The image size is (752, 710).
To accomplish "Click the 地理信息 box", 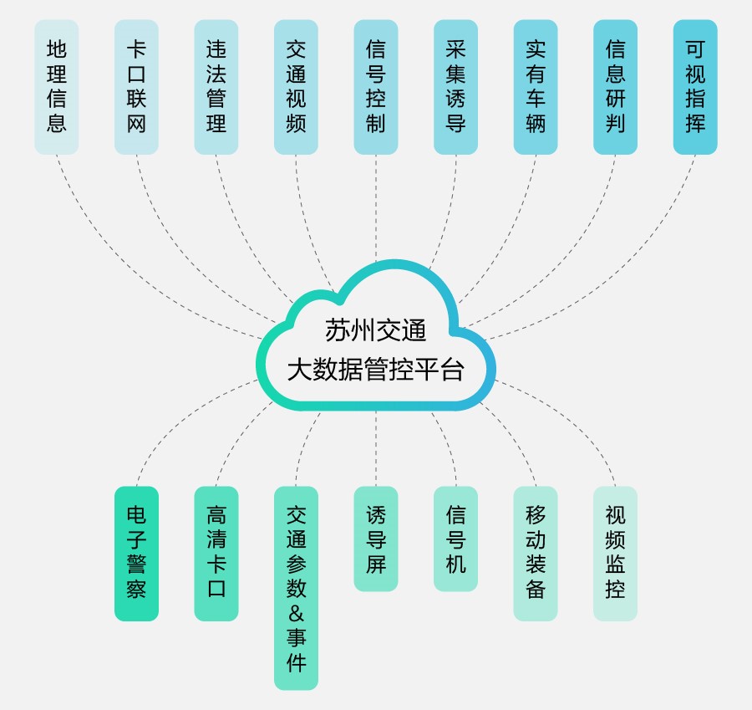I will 57,87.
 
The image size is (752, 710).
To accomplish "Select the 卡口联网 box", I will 136,87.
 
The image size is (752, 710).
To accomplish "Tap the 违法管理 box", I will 216,87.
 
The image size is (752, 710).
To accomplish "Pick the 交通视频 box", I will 296,87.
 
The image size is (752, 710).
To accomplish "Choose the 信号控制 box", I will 376,87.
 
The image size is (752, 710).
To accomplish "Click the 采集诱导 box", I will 455,87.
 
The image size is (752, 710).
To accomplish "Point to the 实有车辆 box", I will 536,87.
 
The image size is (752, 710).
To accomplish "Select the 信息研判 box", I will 615,87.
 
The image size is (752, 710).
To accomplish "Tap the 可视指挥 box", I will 695,87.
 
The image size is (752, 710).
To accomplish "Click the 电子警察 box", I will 136,553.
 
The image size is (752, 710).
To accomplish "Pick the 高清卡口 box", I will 216,553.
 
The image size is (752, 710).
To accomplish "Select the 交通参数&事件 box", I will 296,588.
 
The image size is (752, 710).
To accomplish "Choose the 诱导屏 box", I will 376,539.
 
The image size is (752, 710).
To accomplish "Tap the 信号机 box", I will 455,539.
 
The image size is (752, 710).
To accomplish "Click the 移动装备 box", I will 536,553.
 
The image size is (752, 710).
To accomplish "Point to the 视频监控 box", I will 615,553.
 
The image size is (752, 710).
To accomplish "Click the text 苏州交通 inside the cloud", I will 376,330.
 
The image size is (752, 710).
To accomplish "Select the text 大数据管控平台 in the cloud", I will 376,369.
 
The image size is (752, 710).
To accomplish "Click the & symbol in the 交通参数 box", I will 296,613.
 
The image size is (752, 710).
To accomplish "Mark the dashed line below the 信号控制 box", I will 376,209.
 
